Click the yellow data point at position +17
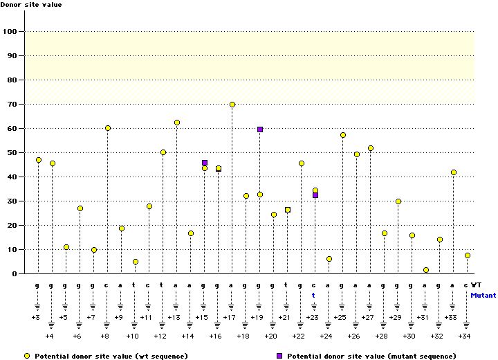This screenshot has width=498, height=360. click(232, 105)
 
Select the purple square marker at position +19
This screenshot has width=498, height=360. click(260, 129)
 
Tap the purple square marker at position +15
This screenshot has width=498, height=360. click(205, 163)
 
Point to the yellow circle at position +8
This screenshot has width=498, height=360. click(108, 128)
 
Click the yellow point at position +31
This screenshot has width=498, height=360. click(426, 270)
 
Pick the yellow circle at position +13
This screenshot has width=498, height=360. click(177, 123)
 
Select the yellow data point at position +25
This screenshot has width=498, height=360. click(343, 135)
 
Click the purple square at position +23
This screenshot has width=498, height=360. click(315, 195)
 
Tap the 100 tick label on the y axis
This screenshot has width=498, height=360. click(10, 31)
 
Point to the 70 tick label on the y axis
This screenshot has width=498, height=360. click(12, 104)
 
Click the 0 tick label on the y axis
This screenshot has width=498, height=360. click(15, 273)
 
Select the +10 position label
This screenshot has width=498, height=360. click(132, 336)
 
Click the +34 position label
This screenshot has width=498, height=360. click(464, 336)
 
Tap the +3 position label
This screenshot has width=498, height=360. click(35, 317)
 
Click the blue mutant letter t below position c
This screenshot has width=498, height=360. click(313, 295)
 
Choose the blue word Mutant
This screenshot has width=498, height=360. click(483, 295)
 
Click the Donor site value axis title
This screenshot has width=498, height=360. click(31, 4)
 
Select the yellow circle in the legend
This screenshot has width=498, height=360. click(27, 356)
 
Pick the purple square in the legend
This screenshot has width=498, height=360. click(279, 356)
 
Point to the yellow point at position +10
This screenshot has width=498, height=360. click(136, 262)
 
